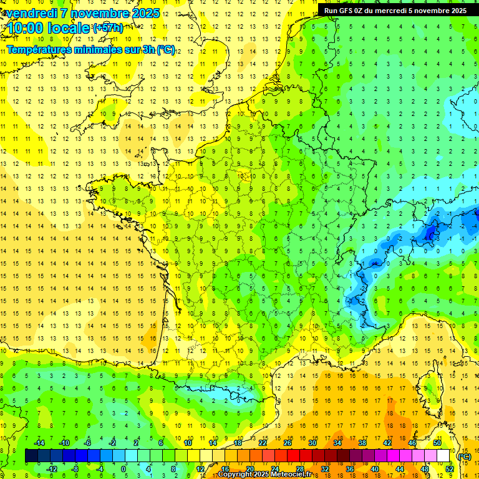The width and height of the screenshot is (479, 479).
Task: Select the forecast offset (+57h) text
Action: coord(108,27)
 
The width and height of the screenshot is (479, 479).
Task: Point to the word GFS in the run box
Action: coord(347,11)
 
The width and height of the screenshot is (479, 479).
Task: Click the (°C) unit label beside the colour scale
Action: coord(465,457)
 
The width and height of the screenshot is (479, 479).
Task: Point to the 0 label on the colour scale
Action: coord(123,469)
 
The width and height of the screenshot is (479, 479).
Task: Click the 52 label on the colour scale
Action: coord(450,469)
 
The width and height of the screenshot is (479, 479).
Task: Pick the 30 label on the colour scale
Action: coord(312,443)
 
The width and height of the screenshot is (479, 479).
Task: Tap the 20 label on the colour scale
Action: coord(250,469)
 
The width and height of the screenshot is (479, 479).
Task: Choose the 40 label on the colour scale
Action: coord(375,469)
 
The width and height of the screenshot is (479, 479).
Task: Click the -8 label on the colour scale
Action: coord(75,469)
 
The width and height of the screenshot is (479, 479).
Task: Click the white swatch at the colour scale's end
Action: coord(443,456)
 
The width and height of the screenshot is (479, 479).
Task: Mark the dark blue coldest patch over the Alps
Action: coord(429,233)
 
